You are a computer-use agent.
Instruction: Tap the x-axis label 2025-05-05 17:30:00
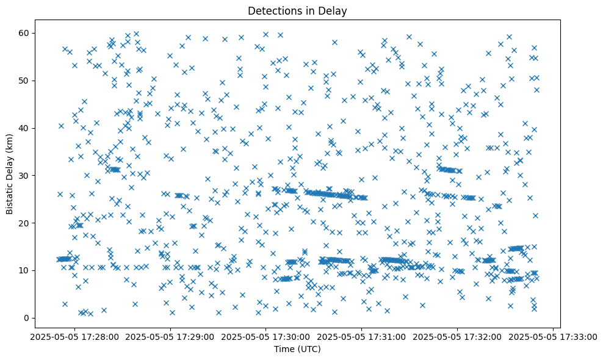pos(265,336)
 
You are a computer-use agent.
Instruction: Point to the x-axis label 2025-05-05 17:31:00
pos(361,336)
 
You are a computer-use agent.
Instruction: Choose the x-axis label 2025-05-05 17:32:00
pos(457,336)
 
